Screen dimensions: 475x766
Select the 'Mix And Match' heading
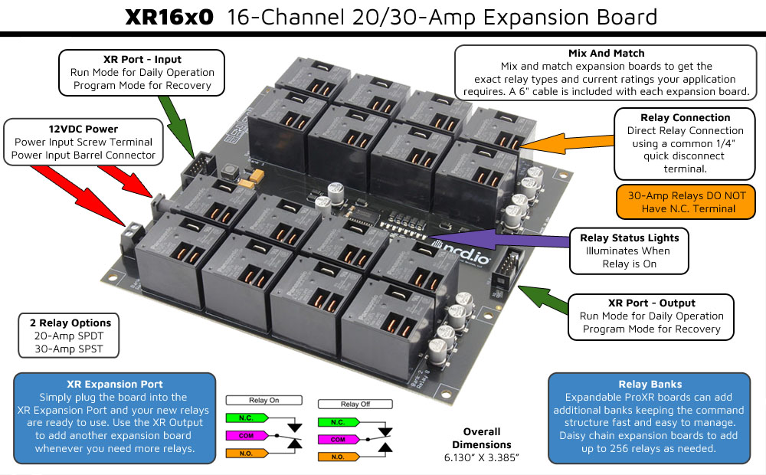coord(606,54)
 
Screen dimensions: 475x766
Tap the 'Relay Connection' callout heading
coord(685,117)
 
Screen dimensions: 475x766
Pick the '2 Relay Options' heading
coord(70,323)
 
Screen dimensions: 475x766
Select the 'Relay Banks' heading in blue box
coord(650,384)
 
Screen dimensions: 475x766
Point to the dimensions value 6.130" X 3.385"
coord(483,457)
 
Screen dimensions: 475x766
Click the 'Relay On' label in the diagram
coord(264,400)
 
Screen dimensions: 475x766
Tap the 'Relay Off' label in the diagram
coord(355,404)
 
